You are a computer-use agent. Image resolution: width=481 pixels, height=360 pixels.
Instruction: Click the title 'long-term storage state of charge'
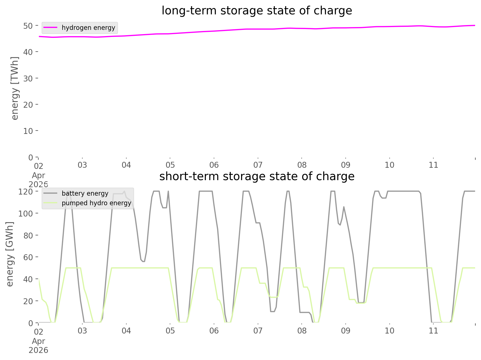coord(257,11)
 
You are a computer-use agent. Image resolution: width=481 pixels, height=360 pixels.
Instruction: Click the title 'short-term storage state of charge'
coord(257,176)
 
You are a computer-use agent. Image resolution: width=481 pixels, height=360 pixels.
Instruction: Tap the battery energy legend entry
coord(85,193)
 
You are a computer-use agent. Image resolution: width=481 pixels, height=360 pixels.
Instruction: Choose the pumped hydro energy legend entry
coord(96,203)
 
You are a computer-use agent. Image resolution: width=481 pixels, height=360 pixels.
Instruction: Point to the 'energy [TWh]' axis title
coord(15,88)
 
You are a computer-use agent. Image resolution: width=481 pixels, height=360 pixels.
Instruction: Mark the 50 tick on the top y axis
coord(28,26)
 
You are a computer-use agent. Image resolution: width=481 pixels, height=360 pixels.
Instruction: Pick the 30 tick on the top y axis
coord(28,78)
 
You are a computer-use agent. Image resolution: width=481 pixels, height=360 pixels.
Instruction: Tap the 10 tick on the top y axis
coord(28,131)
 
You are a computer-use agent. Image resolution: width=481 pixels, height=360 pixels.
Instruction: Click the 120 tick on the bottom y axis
coord(26,191)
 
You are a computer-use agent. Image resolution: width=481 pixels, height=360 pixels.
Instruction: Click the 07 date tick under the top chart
coord(258,165)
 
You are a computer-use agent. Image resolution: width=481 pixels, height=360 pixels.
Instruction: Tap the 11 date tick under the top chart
coord(433,165)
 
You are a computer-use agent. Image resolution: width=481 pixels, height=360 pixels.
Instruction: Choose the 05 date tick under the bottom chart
coord(170,331)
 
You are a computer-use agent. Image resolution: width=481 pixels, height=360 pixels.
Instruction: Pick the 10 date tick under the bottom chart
coord(389,331)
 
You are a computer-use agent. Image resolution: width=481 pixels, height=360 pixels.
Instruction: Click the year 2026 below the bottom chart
coord(38,350)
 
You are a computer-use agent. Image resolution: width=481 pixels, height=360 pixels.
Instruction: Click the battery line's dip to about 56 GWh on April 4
coord(143,261)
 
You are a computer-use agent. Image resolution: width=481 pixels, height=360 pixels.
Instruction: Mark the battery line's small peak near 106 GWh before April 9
coord(344,207)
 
